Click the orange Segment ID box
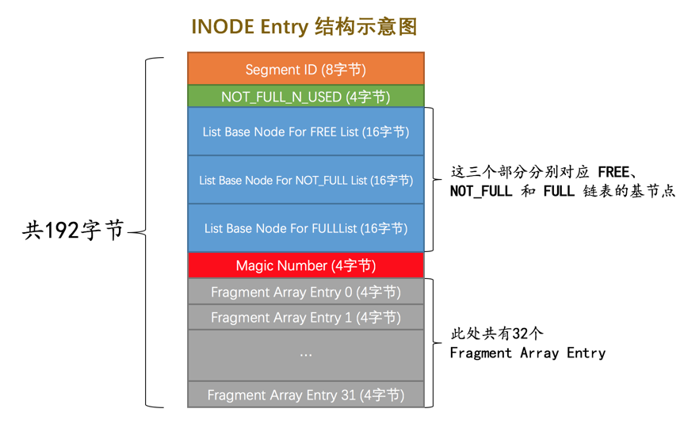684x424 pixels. [305, 69]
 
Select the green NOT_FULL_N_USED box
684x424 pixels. [305, 97]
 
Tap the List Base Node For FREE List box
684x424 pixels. [305, 132]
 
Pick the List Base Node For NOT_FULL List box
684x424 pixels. [305, 180]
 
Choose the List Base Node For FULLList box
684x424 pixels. [305, 228]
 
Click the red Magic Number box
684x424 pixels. [305, 265]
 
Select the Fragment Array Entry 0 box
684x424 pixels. [305, 292]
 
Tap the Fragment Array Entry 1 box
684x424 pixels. [305, 317]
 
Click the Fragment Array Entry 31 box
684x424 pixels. [305, 394]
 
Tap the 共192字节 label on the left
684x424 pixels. [73, 231]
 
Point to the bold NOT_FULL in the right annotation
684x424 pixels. [481, 192]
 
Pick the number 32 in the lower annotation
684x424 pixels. [522, 334]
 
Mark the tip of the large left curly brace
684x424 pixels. [130, 232]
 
